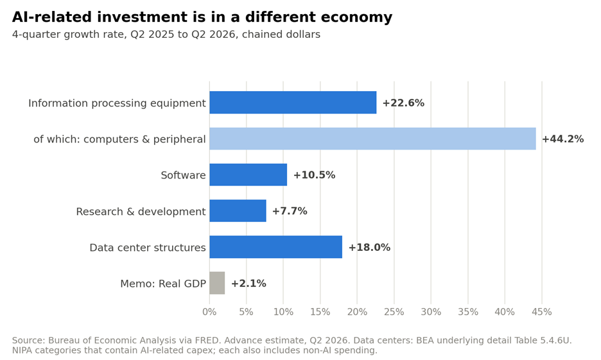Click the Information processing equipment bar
(x=293, y=103)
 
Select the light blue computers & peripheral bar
(x=372, y=139)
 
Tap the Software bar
(x=248, y=175)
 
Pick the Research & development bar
(x=238, y=210)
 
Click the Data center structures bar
(x=276, y=247)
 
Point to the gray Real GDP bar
(x=217, y=283)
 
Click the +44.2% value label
(x=562, y=139)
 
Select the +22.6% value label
(x=403, y=103)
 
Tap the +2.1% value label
(x=248, y=284)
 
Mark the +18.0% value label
(x=369, y=248)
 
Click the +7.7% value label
(x=290, y=211)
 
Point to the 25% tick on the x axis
(x=394, y=312)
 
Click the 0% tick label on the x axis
(x=209, y=312)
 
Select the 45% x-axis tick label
(x=541, y=312)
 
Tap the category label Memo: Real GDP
(x=163, y=284)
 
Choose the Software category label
(x=183, y=175)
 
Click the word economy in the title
(x=356, y=17)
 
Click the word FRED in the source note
(x=208, y=341)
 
